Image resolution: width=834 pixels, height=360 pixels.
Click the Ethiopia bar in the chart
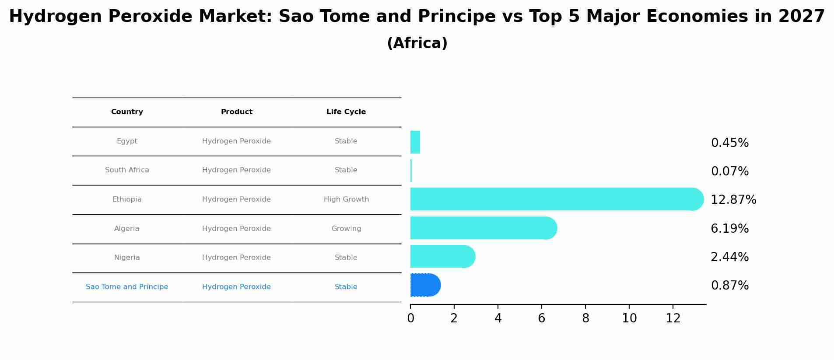coord(557,199)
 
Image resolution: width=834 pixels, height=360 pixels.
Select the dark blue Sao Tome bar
coord(425,285)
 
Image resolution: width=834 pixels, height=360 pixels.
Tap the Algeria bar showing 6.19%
coord(484,228)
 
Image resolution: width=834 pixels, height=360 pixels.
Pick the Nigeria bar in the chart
coord(443,256)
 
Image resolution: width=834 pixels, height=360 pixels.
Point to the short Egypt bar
coord(415,142)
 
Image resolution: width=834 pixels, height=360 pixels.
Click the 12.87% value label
coord(733,200)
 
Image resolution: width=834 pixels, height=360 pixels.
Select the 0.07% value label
coord(730,171)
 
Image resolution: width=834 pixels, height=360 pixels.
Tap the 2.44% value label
coord(730,257)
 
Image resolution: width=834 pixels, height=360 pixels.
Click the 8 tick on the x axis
coord(585,318)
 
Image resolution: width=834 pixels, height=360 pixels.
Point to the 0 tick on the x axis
coord(410,318)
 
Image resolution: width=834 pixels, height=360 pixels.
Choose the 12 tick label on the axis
coord(673,318)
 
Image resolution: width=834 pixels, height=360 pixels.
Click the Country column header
coord(127,112)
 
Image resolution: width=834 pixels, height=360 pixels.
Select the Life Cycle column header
coord(346,112)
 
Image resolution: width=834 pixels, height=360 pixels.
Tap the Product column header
coord(237,112)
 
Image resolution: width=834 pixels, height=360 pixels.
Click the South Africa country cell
coord(127,170)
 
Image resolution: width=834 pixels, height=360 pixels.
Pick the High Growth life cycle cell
coord(346,199)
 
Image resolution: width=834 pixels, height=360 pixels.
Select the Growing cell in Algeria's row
coord(346,229)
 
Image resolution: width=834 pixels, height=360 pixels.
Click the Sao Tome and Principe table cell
coord(127,287)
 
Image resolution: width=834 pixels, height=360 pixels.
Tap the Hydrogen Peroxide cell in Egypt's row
coord(236,141)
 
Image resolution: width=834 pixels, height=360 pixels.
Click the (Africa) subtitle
coord(417,43)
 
